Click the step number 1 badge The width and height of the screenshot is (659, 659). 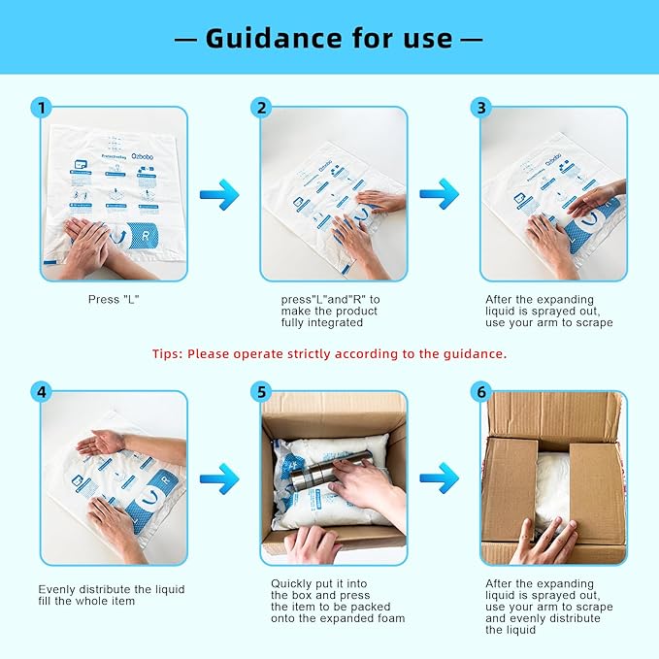click(41, 108)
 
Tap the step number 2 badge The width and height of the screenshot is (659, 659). click(260, 108)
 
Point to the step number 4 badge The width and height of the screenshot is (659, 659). click(41, 392)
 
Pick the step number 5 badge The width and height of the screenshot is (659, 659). click(260, 392)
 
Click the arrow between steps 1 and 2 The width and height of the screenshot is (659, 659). click(219, 194)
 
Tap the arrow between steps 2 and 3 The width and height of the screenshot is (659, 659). click(439, 194)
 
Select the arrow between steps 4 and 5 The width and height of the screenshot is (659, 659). click(219, 478)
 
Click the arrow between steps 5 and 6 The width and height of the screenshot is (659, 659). click(439, 478)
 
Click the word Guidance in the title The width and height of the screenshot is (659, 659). click(267, 38)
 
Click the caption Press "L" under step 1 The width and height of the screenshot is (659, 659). click(115, 299)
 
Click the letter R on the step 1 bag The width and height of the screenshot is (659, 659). click(144, 236)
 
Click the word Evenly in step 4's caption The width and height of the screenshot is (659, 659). click(57, 589)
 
